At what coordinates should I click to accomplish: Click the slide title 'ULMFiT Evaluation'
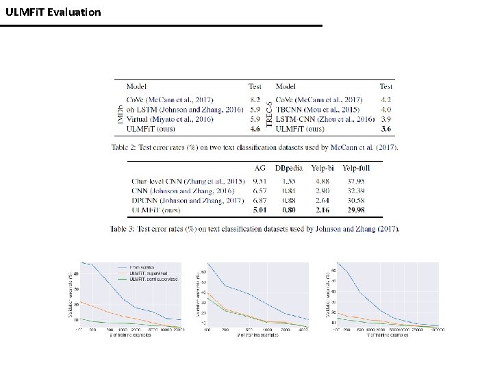53,12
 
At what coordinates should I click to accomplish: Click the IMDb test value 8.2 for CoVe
254,99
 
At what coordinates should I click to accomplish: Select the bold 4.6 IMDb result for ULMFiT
254,128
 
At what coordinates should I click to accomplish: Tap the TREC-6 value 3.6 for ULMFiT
386,128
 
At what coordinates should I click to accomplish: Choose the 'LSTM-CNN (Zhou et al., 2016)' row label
325,119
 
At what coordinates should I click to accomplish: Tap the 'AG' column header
260,167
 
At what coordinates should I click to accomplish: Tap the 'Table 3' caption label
123,228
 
